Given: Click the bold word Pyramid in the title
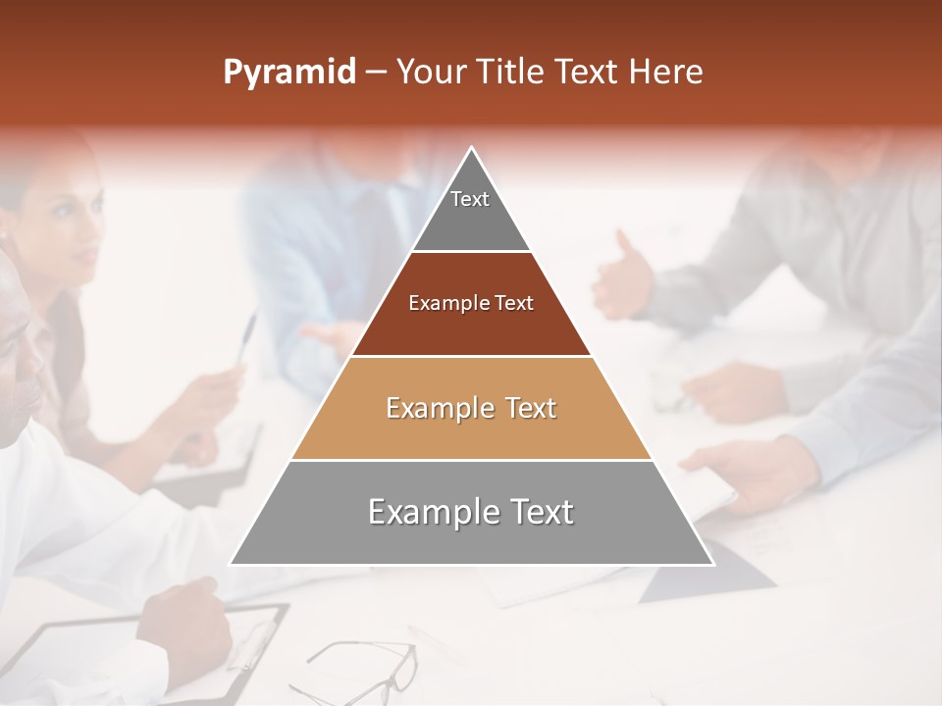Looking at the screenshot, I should pos(289,73).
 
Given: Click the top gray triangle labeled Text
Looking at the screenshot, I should pos(471,211).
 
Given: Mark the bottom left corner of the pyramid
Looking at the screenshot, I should pos(232,564).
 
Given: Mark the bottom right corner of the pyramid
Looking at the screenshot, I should pos(712,564).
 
